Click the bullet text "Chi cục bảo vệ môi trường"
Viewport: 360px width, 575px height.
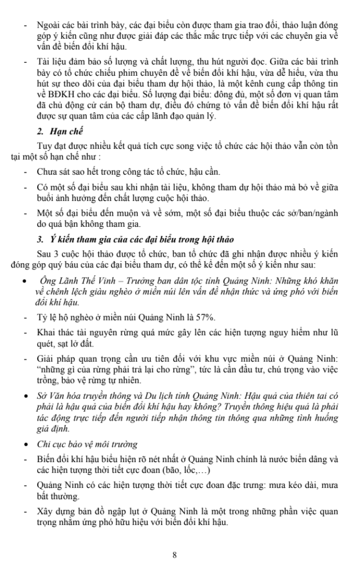point(87,444)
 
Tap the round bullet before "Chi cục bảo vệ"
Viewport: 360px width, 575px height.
point(24,445)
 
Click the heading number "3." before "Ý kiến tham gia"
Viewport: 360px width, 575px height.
point(40,240)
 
